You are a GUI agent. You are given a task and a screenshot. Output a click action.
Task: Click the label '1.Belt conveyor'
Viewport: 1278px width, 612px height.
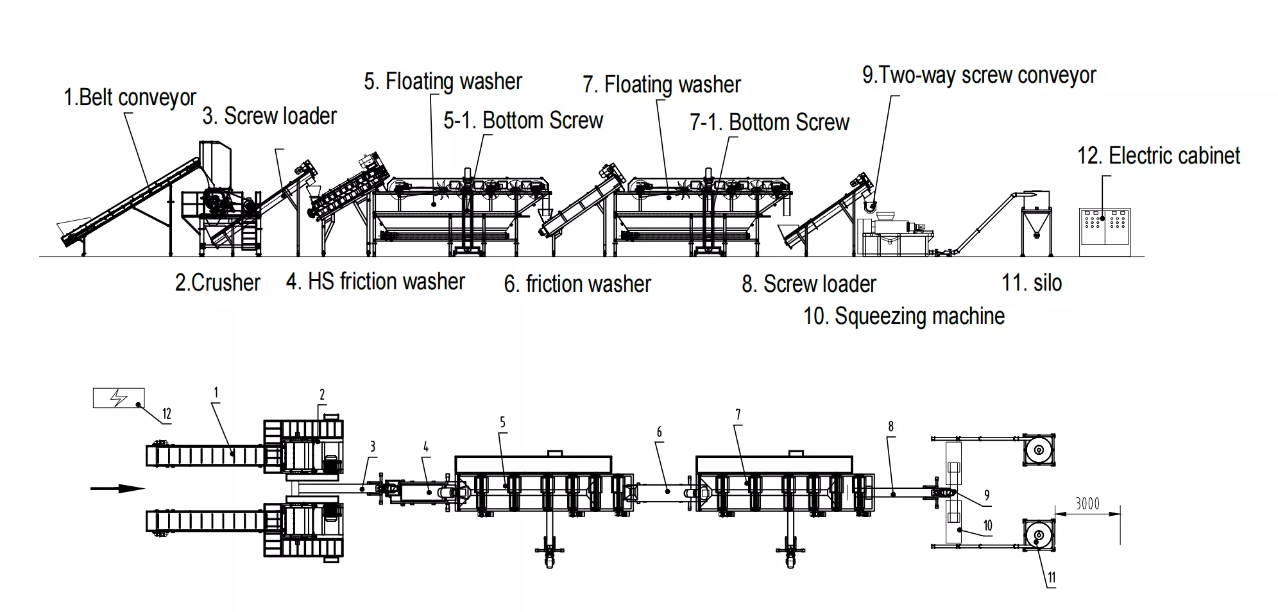130,98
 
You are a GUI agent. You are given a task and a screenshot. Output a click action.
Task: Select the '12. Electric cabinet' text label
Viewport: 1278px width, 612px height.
1158,156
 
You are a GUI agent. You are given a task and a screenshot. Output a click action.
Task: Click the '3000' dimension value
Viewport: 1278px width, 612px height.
1087,504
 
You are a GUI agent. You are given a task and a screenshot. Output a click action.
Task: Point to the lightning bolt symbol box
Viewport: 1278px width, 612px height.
119,398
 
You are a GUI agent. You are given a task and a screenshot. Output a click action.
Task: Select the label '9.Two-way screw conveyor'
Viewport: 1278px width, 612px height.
979,75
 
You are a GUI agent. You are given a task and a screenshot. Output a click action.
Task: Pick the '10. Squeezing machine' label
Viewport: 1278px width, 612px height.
904,316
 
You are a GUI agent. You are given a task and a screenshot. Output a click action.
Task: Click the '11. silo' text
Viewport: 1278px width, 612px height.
1032,283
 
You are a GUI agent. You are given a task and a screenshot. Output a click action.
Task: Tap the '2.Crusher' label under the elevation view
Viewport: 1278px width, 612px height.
217,283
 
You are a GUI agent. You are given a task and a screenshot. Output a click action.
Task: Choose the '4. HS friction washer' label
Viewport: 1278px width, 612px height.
375,282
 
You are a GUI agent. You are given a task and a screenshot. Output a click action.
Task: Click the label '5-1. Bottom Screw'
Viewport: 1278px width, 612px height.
523,121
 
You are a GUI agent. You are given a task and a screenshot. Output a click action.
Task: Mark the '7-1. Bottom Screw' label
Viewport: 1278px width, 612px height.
769,123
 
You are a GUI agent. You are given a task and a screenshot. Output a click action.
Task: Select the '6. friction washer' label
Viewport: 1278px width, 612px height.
577,284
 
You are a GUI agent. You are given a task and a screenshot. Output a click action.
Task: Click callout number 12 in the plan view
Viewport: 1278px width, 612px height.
167,414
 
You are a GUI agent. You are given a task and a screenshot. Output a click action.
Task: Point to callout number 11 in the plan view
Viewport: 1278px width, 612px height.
1052,577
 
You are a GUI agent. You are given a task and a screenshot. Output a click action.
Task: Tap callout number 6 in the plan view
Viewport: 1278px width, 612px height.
659,432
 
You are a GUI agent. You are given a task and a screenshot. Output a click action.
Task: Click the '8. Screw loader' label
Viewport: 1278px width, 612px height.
808,284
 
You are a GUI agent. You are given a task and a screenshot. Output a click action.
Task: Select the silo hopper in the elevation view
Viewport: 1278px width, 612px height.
1035,221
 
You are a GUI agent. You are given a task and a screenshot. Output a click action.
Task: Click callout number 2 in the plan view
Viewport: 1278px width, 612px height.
322,395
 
